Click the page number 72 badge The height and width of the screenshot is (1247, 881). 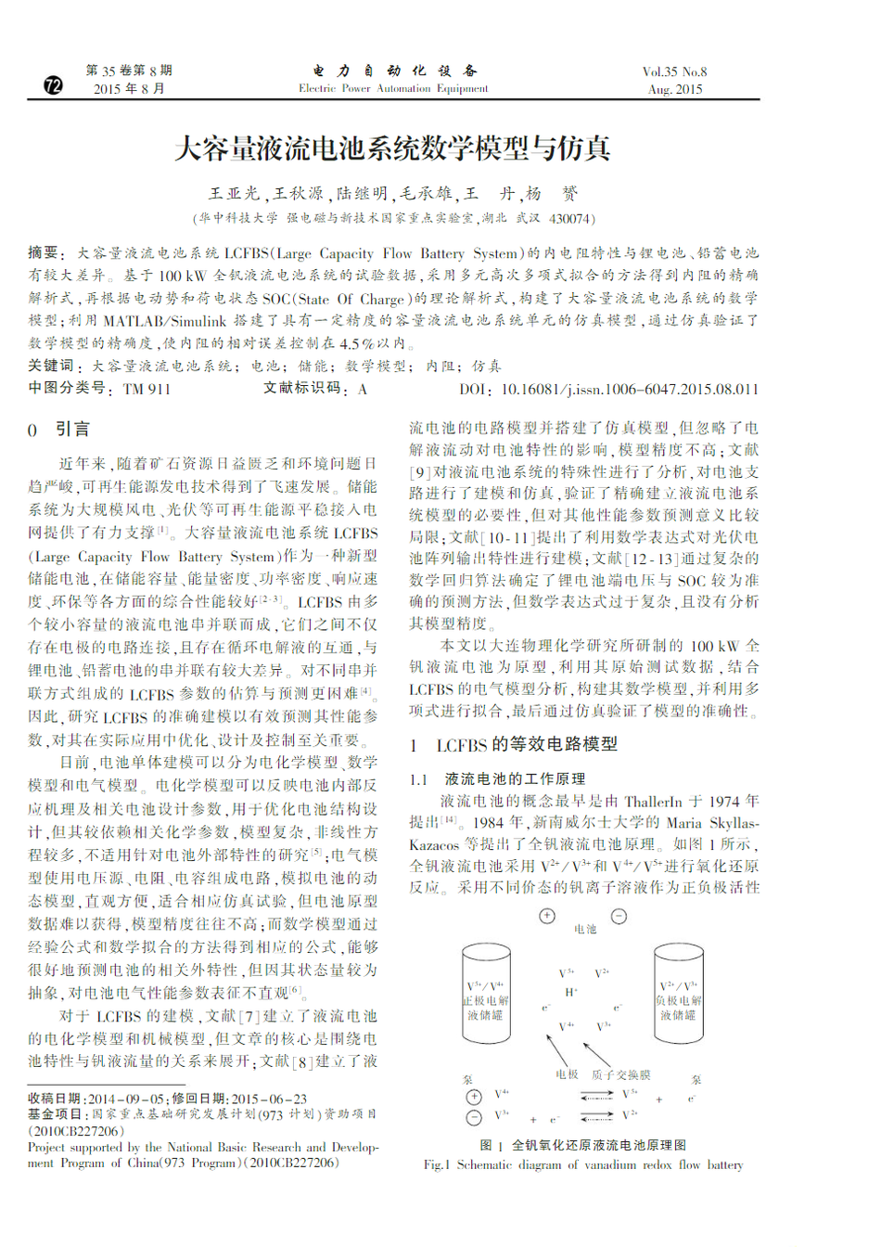pyautogui.click(x=54, y=85)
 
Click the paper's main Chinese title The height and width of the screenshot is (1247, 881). pyautogui.click(x=392, y=148)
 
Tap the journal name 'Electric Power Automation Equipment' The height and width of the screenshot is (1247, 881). pyautogui.click(x=393, y=89)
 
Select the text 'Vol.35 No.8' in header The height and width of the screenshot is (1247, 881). pyautogui.click(x=674, y=71)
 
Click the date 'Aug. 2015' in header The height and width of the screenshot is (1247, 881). pyautogui.click(x=675, y=90)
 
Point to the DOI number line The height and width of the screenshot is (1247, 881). pyautogui.click(x=608, y=390)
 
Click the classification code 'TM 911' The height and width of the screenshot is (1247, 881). pyautogui.click(x=147, y=390)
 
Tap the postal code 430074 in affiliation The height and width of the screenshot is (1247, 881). pyautogui.click(x=568, y=219)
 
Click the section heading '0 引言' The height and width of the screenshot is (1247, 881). pyautogui.click(x=59, y=430)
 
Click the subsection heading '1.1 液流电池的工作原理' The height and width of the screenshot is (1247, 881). pyautogui.click(x=498, y=779)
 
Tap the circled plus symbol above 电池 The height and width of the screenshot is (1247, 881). pyautogui.click(x=547, y=917)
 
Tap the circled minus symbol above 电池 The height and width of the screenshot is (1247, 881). pyautogui.click(x=619, y=917)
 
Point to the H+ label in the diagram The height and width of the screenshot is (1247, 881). pyautogui.click(x=571, y=992)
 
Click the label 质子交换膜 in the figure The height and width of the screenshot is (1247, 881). pyautogui.click(x=620, y=1074)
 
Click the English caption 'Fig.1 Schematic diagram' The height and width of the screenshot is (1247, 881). pyautogui.click(x=583, y=1165)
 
